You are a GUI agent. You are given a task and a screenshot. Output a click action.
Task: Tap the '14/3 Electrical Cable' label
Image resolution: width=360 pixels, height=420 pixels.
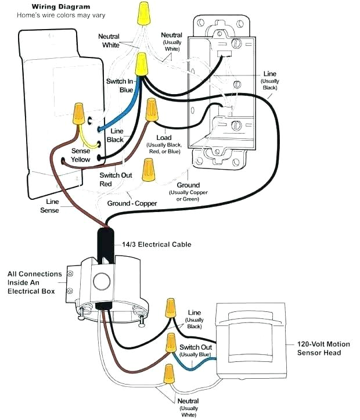[x=156, y=245]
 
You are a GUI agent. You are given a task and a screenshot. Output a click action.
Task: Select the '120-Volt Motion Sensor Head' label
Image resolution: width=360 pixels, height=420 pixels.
[x=323, y=348]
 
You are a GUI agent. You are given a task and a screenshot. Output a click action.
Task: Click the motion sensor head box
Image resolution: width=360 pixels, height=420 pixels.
[x=250, y=340]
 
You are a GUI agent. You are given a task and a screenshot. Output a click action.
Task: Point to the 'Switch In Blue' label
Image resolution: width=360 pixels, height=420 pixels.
[x=120, y=85]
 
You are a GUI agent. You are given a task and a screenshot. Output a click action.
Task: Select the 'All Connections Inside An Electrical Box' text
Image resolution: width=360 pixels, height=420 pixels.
[x=34, y=282]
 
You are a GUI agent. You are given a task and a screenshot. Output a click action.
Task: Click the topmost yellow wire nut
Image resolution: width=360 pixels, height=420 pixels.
[x=141, y=15]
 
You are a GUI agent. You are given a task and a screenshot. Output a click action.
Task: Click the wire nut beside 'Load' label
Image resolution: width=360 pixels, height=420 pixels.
[x=152, y=109]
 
